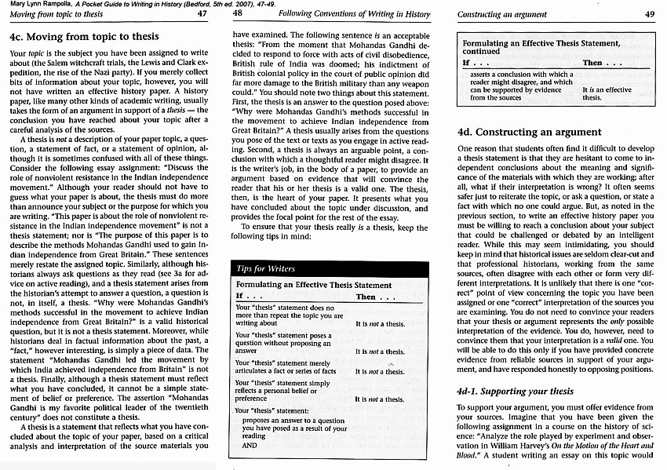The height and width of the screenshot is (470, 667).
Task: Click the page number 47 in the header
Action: pyautogui.click(x=202, y=13)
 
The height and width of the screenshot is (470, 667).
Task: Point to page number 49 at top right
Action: pyautogui.click(x=649, y=14)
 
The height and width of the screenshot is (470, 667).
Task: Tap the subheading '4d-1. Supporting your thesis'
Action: pyautogui.click(x=516, y=390)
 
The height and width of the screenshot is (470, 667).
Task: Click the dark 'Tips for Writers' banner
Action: pyautogui.click(x=265, y=268)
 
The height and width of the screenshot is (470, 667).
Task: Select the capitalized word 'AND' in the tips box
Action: pyautogui.click(x=250, y=445)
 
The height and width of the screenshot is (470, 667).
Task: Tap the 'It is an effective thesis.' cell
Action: pyautogui.click(x=604, y=93)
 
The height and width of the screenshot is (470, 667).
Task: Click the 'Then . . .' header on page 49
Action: pyautogui.click(x=603, y=62)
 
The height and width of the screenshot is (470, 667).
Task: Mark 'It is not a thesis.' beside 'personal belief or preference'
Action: pyautogui.click(x=380, y=399)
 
